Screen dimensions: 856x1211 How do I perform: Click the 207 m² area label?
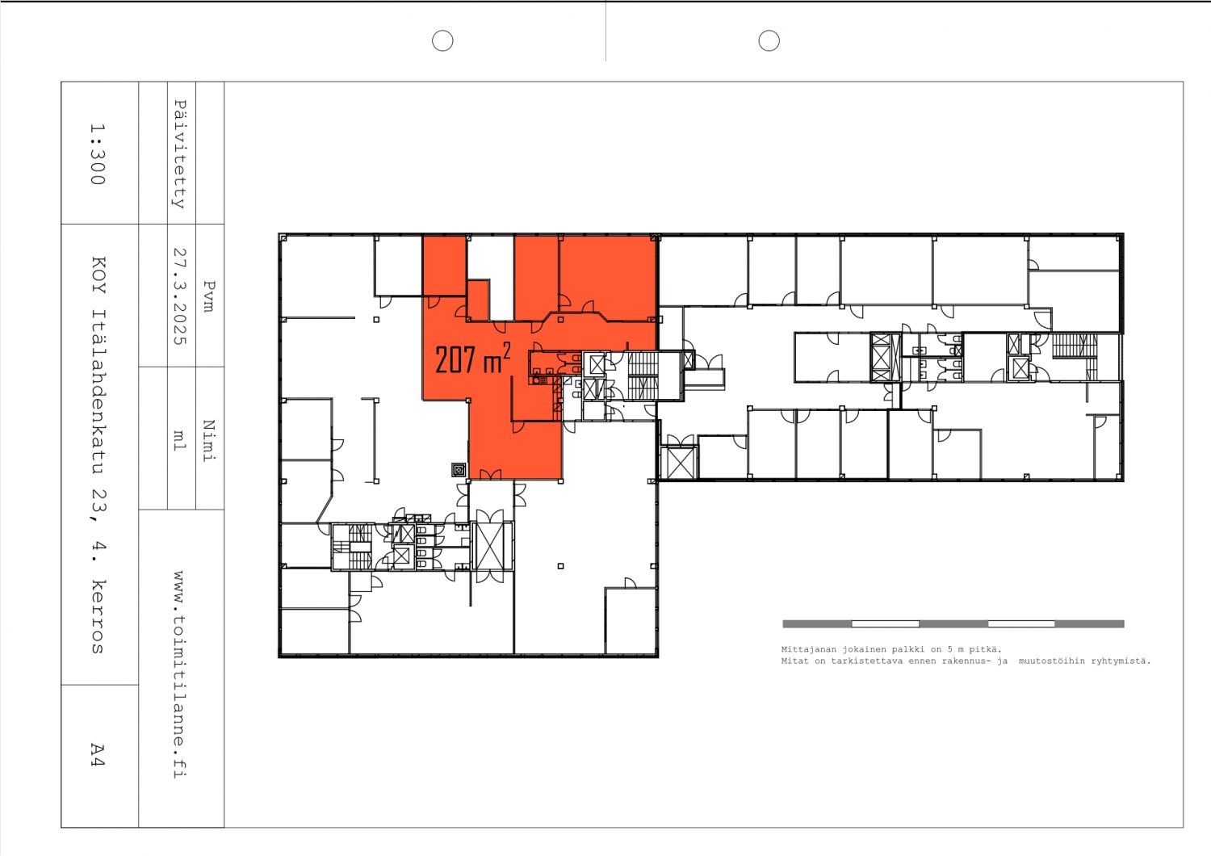tap(472, 359)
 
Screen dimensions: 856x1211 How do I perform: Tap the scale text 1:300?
tap(97, 153)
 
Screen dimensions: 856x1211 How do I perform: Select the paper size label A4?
tap(97, 755)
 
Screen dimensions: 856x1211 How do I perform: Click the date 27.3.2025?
tap(180, 296)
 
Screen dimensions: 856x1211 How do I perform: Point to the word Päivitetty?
tap(180, 154)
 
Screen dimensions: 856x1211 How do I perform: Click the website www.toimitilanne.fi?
tap(179, 674)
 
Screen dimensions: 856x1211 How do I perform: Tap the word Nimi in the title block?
tap(209, 440)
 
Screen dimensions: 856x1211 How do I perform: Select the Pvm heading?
tap(209, 296)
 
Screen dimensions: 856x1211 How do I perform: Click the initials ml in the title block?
tap(180, 440)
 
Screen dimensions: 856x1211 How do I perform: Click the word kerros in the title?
tap(98, 616)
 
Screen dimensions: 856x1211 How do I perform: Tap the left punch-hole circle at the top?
tap(442, 40)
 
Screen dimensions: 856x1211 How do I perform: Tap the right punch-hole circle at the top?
tap(769, 40)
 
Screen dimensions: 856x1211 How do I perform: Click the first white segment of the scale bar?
tap(885, 623)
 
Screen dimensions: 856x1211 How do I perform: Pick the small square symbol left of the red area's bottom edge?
tap(459, 469)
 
